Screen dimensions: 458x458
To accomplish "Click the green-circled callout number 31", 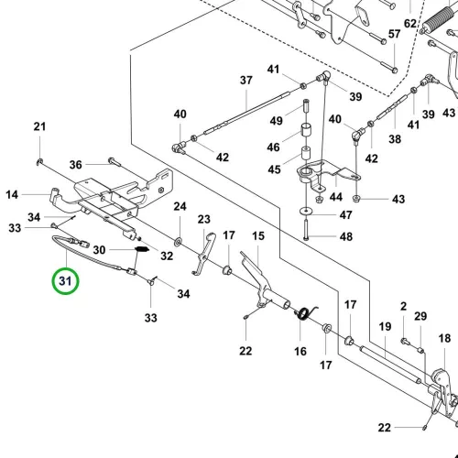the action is click(x=65, y=281).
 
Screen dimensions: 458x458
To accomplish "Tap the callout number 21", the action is click(x=39, y=126).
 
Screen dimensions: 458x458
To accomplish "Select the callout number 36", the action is click(x=76, y=165).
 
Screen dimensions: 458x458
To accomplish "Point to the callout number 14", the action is click(x=12, y=194).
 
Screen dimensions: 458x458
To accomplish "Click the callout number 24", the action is click(x=180, y=206).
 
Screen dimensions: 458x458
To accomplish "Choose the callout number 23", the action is click(x=204, y=219).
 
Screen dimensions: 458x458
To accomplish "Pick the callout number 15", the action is click(x=258, y=235).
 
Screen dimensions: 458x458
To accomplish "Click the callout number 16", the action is click(x=300, y=351).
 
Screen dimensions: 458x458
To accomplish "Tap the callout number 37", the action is click(x=246, y=81).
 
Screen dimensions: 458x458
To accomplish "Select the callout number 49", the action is click(x=276, y=121).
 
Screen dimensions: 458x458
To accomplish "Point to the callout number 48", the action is click(x=346, y=236).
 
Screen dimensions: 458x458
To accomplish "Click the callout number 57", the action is click(x=394, y=34).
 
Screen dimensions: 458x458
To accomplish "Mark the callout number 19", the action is click(x=385, y=327).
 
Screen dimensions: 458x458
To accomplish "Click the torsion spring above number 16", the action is click(x=305, y=314).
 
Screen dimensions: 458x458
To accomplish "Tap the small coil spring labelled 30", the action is click(x=142, y=249).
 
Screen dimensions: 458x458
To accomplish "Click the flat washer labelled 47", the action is click(x=305, y=211).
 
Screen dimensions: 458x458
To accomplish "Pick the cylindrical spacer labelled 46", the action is click(x=306, y=131).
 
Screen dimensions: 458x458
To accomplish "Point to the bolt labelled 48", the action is click(x=306, y=227).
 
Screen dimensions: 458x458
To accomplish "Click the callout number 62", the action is click(x=410, y=24).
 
